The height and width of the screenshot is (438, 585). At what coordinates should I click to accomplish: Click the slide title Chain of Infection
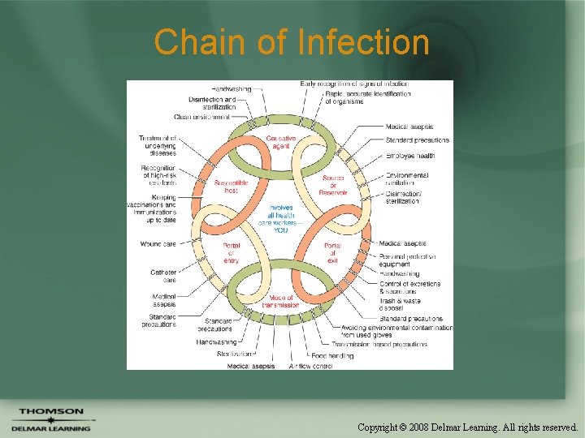click(292, 42)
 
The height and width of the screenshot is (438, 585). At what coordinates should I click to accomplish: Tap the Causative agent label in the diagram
click(280, 143)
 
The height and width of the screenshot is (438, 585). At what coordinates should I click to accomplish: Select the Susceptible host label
click(231, 186)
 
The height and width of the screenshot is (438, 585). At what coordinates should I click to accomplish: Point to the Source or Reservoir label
click(334, 186)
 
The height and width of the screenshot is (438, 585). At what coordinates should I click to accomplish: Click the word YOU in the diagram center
click(280, 230)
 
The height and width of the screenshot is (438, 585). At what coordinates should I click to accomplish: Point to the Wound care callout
click(158, 243)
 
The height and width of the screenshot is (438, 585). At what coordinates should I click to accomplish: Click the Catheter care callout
click(163, 276)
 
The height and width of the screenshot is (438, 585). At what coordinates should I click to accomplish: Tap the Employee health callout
click(410, 155)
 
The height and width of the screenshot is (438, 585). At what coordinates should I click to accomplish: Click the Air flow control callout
click(310, 366)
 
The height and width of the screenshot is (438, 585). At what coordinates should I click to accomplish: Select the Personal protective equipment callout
click(407, 260)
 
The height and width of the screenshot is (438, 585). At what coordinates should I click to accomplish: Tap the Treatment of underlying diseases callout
click(157, 145)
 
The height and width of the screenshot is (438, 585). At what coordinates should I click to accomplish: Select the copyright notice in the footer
click(467, 426)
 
